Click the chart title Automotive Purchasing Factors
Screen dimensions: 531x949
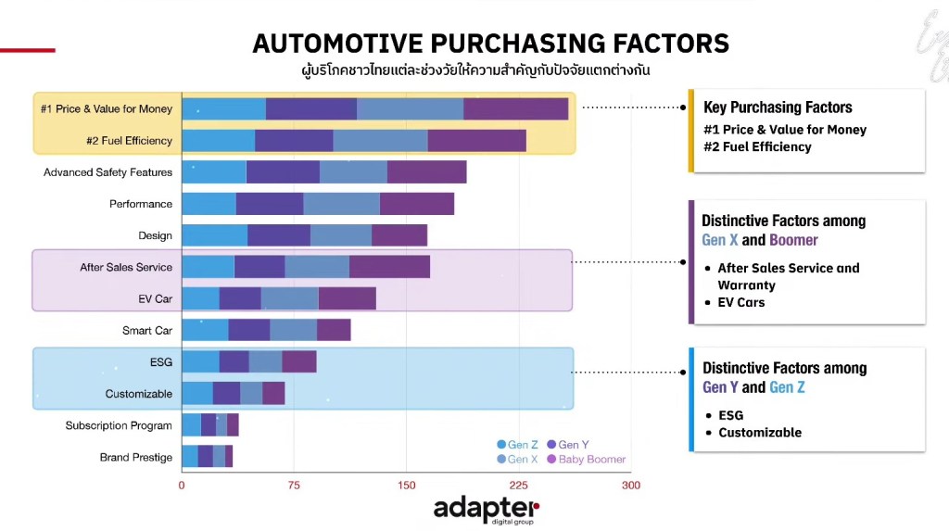coord(490,44)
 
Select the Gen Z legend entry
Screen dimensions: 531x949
coord(520,445)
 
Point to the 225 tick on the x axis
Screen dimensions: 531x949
coord(518,485)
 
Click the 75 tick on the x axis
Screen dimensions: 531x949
coord(294,485)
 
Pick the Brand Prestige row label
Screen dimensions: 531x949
coord(135,457)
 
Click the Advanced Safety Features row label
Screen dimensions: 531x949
coord(108,172)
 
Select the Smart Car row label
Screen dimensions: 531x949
coord(146,330)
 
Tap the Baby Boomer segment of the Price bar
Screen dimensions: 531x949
coord(515,109)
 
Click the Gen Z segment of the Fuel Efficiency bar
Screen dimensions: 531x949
coord(218,141)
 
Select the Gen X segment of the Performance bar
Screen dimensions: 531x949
coord(341,204)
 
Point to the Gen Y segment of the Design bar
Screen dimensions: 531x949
coord(278,235)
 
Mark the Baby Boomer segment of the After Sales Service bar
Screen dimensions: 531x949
coord(389,267)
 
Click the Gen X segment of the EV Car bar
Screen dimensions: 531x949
coord(289,298)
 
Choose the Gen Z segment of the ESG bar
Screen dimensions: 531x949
coord(200,361)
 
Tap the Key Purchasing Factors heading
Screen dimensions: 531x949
coord(778,107)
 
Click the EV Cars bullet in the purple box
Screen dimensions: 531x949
coord(740,302)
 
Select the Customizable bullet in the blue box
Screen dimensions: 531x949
coord(759,432)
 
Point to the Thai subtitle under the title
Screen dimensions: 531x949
coord(490,70)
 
